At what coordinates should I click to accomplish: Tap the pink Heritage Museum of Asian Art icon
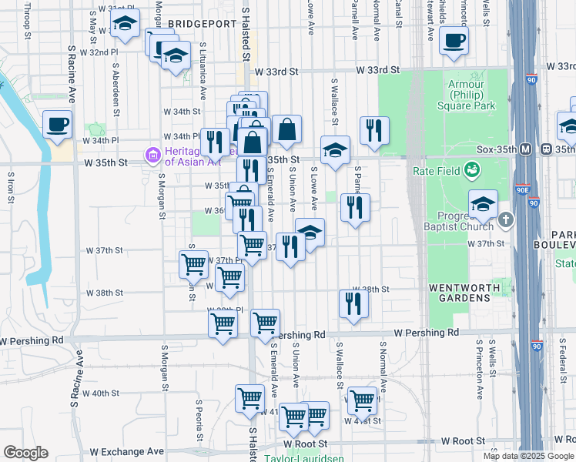(152, 156)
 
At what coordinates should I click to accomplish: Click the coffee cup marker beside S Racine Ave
(57, 125)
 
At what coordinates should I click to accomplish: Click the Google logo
(25, 453)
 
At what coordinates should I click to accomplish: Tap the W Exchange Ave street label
(127, 451)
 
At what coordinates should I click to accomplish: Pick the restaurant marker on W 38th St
(353, 302)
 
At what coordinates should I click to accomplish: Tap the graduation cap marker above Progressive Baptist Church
(483, 205)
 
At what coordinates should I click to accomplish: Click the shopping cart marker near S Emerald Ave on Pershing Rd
(265, 323)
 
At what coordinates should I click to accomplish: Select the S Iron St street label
(11, 186)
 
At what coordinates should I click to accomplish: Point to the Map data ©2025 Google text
(527, 455)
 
